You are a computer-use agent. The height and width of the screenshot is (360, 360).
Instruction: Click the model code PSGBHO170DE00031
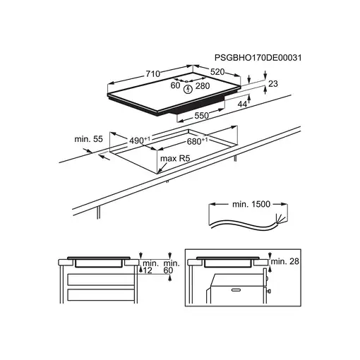(x=258, y=58)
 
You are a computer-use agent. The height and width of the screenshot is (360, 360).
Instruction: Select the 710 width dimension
(x=153, y=74)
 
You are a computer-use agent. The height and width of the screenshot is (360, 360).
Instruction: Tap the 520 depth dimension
(x=217, y=72)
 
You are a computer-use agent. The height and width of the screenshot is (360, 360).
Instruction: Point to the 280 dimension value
(x=203, y=86)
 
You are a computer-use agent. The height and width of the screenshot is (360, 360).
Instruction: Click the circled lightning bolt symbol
(x=188, y=89)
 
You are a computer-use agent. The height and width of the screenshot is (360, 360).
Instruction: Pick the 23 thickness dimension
(x=273, y=83)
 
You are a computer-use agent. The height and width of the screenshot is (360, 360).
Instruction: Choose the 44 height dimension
(x=242, y=104)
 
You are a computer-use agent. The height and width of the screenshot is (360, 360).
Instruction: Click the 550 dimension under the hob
(x=202, y=116)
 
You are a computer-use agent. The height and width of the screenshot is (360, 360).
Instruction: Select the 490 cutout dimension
(x=140, y=140)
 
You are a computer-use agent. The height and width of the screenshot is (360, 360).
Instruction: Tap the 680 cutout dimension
(x=198, y=141)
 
